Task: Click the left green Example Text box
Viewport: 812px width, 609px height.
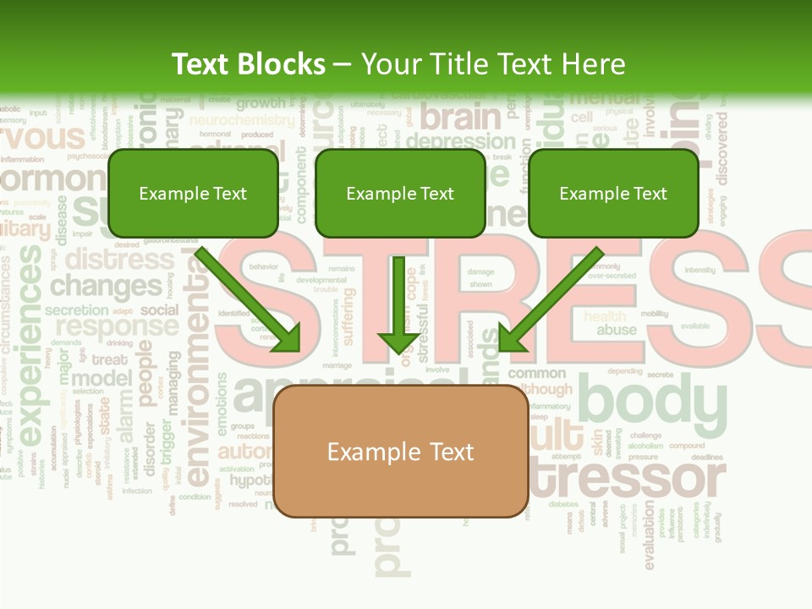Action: (193, 193)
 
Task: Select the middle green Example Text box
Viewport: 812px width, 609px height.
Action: (400, 193)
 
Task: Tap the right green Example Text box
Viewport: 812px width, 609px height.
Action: (613, 193)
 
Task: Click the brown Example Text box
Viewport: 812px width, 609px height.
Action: (400, 452)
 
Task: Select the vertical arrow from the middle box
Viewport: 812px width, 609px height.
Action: (398, 304)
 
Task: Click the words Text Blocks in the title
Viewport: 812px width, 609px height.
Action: (248, 64)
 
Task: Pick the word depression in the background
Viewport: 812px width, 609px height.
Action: (460, 140)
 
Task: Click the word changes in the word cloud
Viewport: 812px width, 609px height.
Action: (106, 286)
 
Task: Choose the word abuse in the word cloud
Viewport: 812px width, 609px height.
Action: (617, 330)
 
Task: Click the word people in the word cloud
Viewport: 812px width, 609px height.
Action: (145, 368)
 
